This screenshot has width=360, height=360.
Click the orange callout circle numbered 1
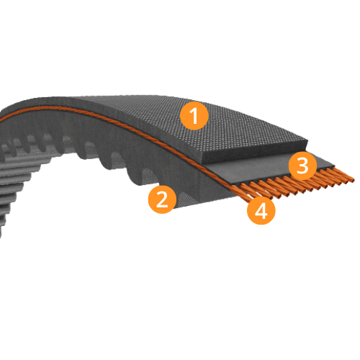coord(194,116)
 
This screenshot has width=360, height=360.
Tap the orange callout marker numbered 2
coord(162,199)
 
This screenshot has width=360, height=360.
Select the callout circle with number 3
coord(302,166)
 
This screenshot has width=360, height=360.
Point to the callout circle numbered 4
coord(261,210)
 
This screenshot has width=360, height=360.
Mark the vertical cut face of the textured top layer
coord(254,153)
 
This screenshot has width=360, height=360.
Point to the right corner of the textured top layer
coord(307,140)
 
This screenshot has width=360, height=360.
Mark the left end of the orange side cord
coord(1,120)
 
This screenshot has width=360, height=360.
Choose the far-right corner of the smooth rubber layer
coord(334,166)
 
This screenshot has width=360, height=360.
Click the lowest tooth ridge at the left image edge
coord(2,232)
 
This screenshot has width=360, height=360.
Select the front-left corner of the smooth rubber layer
coord(204,165)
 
